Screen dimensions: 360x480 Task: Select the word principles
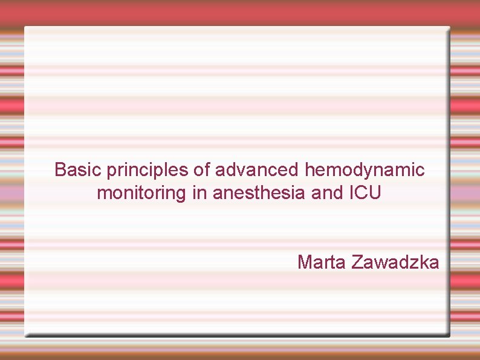click(x=145, y=171)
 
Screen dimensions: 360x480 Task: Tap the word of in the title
click(x=199, y=169)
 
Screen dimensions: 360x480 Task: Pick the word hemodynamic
click(x=365, y=171)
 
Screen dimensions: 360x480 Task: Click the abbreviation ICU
click(x=366, y=194)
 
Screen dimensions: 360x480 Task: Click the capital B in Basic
click(x=60, y=169)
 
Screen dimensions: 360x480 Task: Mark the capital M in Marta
click(x=304, y=262)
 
